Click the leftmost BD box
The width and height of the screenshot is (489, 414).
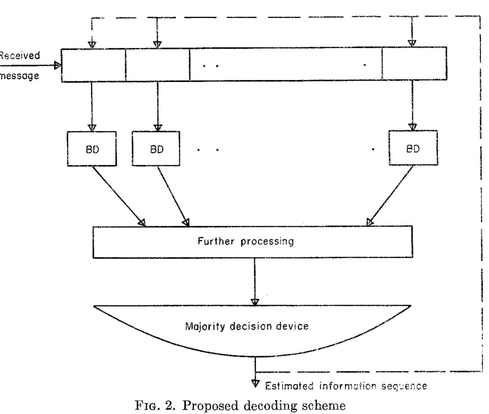click(92, 149)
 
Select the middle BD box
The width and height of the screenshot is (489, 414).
click(156, 149)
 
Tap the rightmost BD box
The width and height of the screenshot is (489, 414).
click(413, 148)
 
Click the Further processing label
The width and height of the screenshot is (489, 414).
click(245, 241)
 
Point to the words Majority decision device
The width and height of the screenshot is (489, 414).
click(247, 326)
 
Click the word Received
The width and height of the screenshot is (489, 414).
click(19, 56)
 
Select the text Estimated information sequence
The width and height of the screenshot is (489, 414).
click(346, 386)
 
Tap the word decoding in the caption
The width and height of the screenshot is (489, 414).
click(270, 406)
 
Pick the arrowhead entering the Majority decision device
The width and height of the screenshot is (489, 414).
click(255, 302)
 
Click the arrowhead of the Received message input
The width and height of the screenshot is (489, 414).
click(57, 65)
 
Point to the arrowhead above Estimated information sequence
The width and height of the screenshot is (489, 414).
click(255, 383)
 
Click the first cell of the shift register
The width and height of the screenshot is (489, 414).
click(94, 66)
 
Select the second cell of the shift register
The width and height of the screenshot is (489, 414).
click(158, 65)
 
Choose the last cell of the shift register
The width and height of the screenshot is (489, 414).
click(414, 64)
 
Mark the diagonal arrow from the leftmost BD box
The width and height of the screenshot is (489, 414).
click(118, 196)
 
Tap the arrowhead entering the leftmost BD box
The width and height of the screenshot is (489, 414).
click(92, 128)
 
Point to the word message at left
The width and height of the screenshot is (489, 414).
click(19, 76)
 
